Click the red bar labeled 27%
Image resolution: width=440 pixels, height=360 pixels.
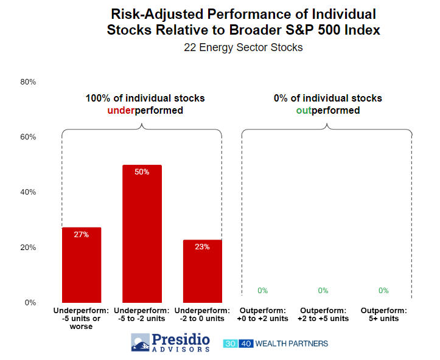point(82,265)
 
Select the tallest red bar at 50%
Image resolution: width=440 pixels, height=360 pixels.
point(142,234)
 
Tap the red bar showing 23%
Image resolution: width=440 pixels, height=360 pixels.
point(202,271)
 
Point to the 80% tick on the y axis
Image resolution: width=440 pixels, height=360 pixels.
point(28,82)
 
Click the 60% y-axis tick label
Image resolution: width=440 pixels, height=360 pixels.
point(28,137)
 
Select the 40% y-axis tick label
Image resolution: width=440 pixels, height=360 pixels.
point(28,192)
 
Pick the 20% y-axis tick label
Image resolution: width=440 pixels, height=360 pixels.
point(28,247)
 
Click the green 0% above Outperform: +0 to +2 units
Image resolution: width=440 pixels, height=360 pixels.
point(263,291)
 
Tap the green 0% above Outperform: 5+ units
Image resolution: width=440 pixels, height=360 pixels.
point(383,291)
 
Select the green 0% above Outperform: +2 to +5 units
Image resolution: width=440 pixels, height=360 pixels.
point(323,291)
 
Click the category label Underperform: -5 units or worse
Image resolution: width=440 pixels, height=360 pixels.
point(81,319)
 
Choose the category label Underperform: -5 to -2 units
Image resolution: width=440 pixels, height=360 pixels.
point(142,314)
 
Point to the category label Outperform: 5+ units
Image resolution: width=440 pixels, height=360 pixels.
point(383,314)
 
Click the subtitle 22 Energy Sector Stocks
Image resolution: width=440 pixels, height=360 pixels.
point(243,47)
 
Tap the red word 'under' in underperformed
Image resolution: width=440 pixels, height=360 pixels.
point(121,110)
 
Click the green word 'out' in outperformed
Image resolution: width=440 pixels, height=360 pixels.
point(304,110)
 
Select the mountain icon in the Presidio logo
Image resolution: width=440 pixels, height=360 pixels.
point(141,342)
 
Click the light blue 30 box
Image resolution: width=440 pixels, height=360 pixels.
point(231,344)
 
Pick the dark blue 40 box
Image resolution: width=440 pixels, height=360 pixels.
point(246,344)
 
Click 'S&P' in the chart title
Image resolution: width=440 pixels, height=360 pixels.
point(299,30)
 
